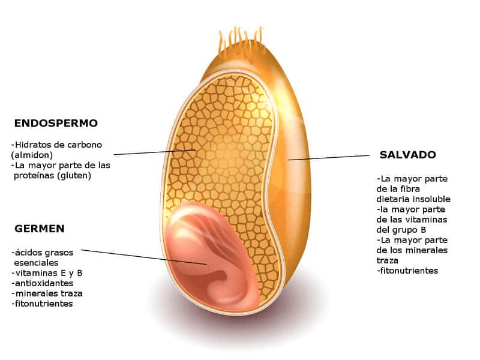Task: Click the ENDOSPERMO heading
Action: [56, 123]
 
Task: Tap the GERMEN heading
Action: [39, 229]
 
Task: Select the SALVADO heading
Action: [407, 154]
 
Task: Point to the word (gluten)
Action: [71, 175]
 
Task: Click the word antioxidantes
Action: [43, 283]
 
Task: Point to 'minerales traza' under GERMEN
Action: [48, 293]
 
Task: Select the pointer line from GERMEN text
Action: [144, 256]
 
